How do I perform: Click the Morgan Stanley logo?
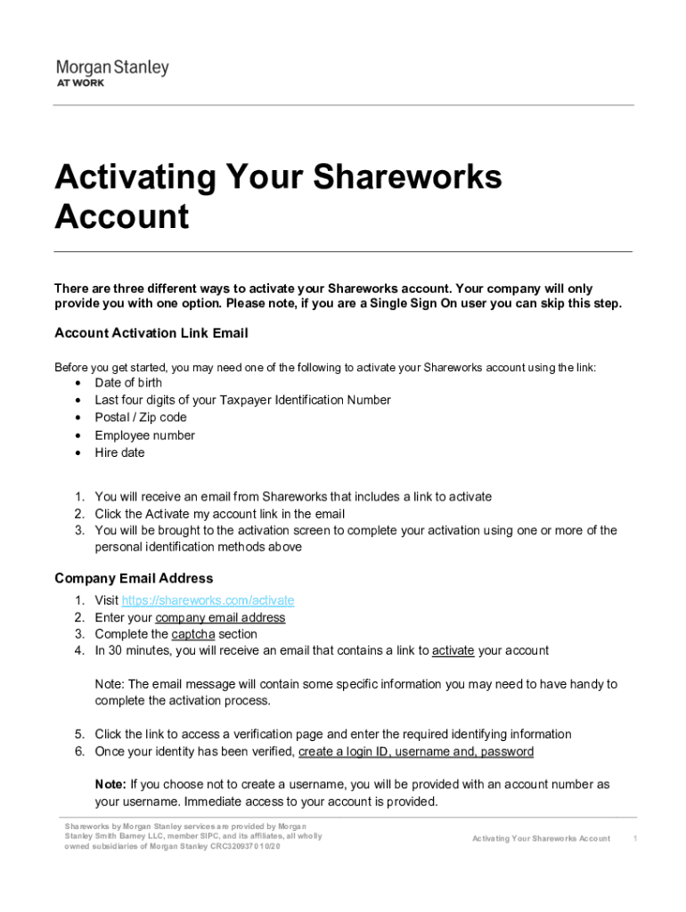112,68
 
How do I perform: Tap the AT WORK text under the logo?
81,83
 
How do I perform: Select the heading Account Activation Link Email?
151,333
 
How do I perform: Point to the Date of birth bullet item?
128,383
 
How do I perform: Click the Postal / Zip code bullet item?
141,418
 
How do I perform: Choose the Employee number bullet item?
144,436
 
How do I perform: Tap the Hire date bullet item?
119,452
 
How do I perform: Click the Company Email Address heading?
134,579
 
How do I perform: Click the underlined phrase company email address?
220,618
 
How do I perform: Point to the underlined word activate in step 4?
453,651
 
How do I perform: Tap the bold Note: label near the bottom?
110,785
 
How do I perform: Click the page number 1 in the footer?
635,839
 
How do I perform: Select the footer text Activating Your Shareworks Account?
541,839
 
